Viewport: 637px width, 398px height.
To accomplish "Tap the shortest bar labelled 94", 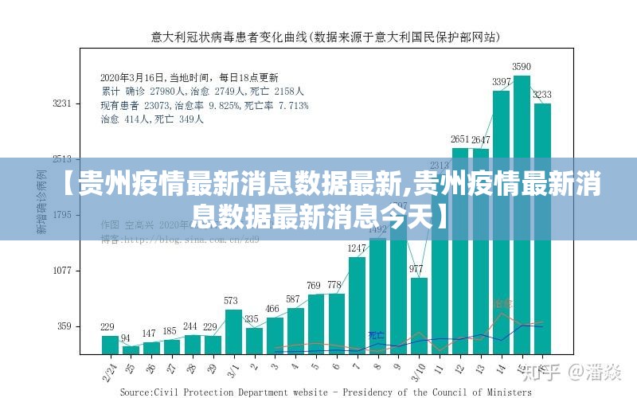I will click(131, 349).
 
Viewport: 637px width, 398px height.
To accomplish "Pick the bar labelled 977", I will click(419, 314).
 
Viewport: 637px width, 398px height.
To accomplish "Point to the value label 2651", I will click(460, 140).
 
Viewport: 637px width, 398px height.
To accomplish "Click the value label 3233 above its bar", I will click(542, 95).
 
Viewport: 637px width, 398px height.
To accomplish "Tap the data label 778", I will click(335, 285).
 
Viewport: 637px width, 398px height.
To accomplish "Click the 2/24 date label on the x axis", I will click(109, 369).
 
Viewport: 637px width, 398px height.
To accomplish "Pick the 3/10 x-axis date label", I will click(417, 370).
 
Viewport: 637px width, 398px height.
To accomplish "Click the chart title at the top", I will click(326, 37).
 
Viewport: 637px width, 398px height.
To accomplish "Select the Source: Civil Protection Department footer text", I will click(325, 392).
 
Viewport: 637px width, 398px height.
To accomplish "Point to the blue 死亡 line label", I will click(376, 336).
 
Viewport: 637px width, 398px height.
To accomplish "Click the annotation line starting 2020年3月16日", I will click(189, 78).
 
